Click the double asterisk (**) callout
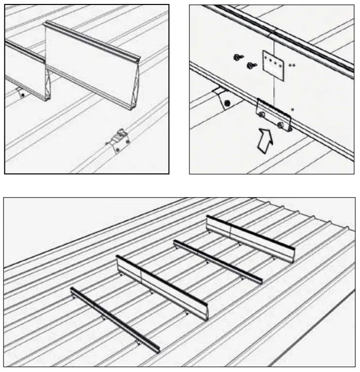pyautogui.click(x=291, y=66)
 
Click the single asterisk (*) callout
pyautogui.click(x=292, y=110)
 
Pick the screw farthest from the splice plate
pyautogui.click(x=238, y=58)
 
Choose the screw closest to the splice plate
pyautogui.click(x=252, y=65)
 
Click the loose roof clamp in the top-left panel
pyautogui.click(x=118, y=140)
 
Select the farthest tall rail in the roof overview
pyautogui.click(x=251, y=238)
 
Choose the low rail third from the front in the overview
pyautogui.click(x=217, y=261)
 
